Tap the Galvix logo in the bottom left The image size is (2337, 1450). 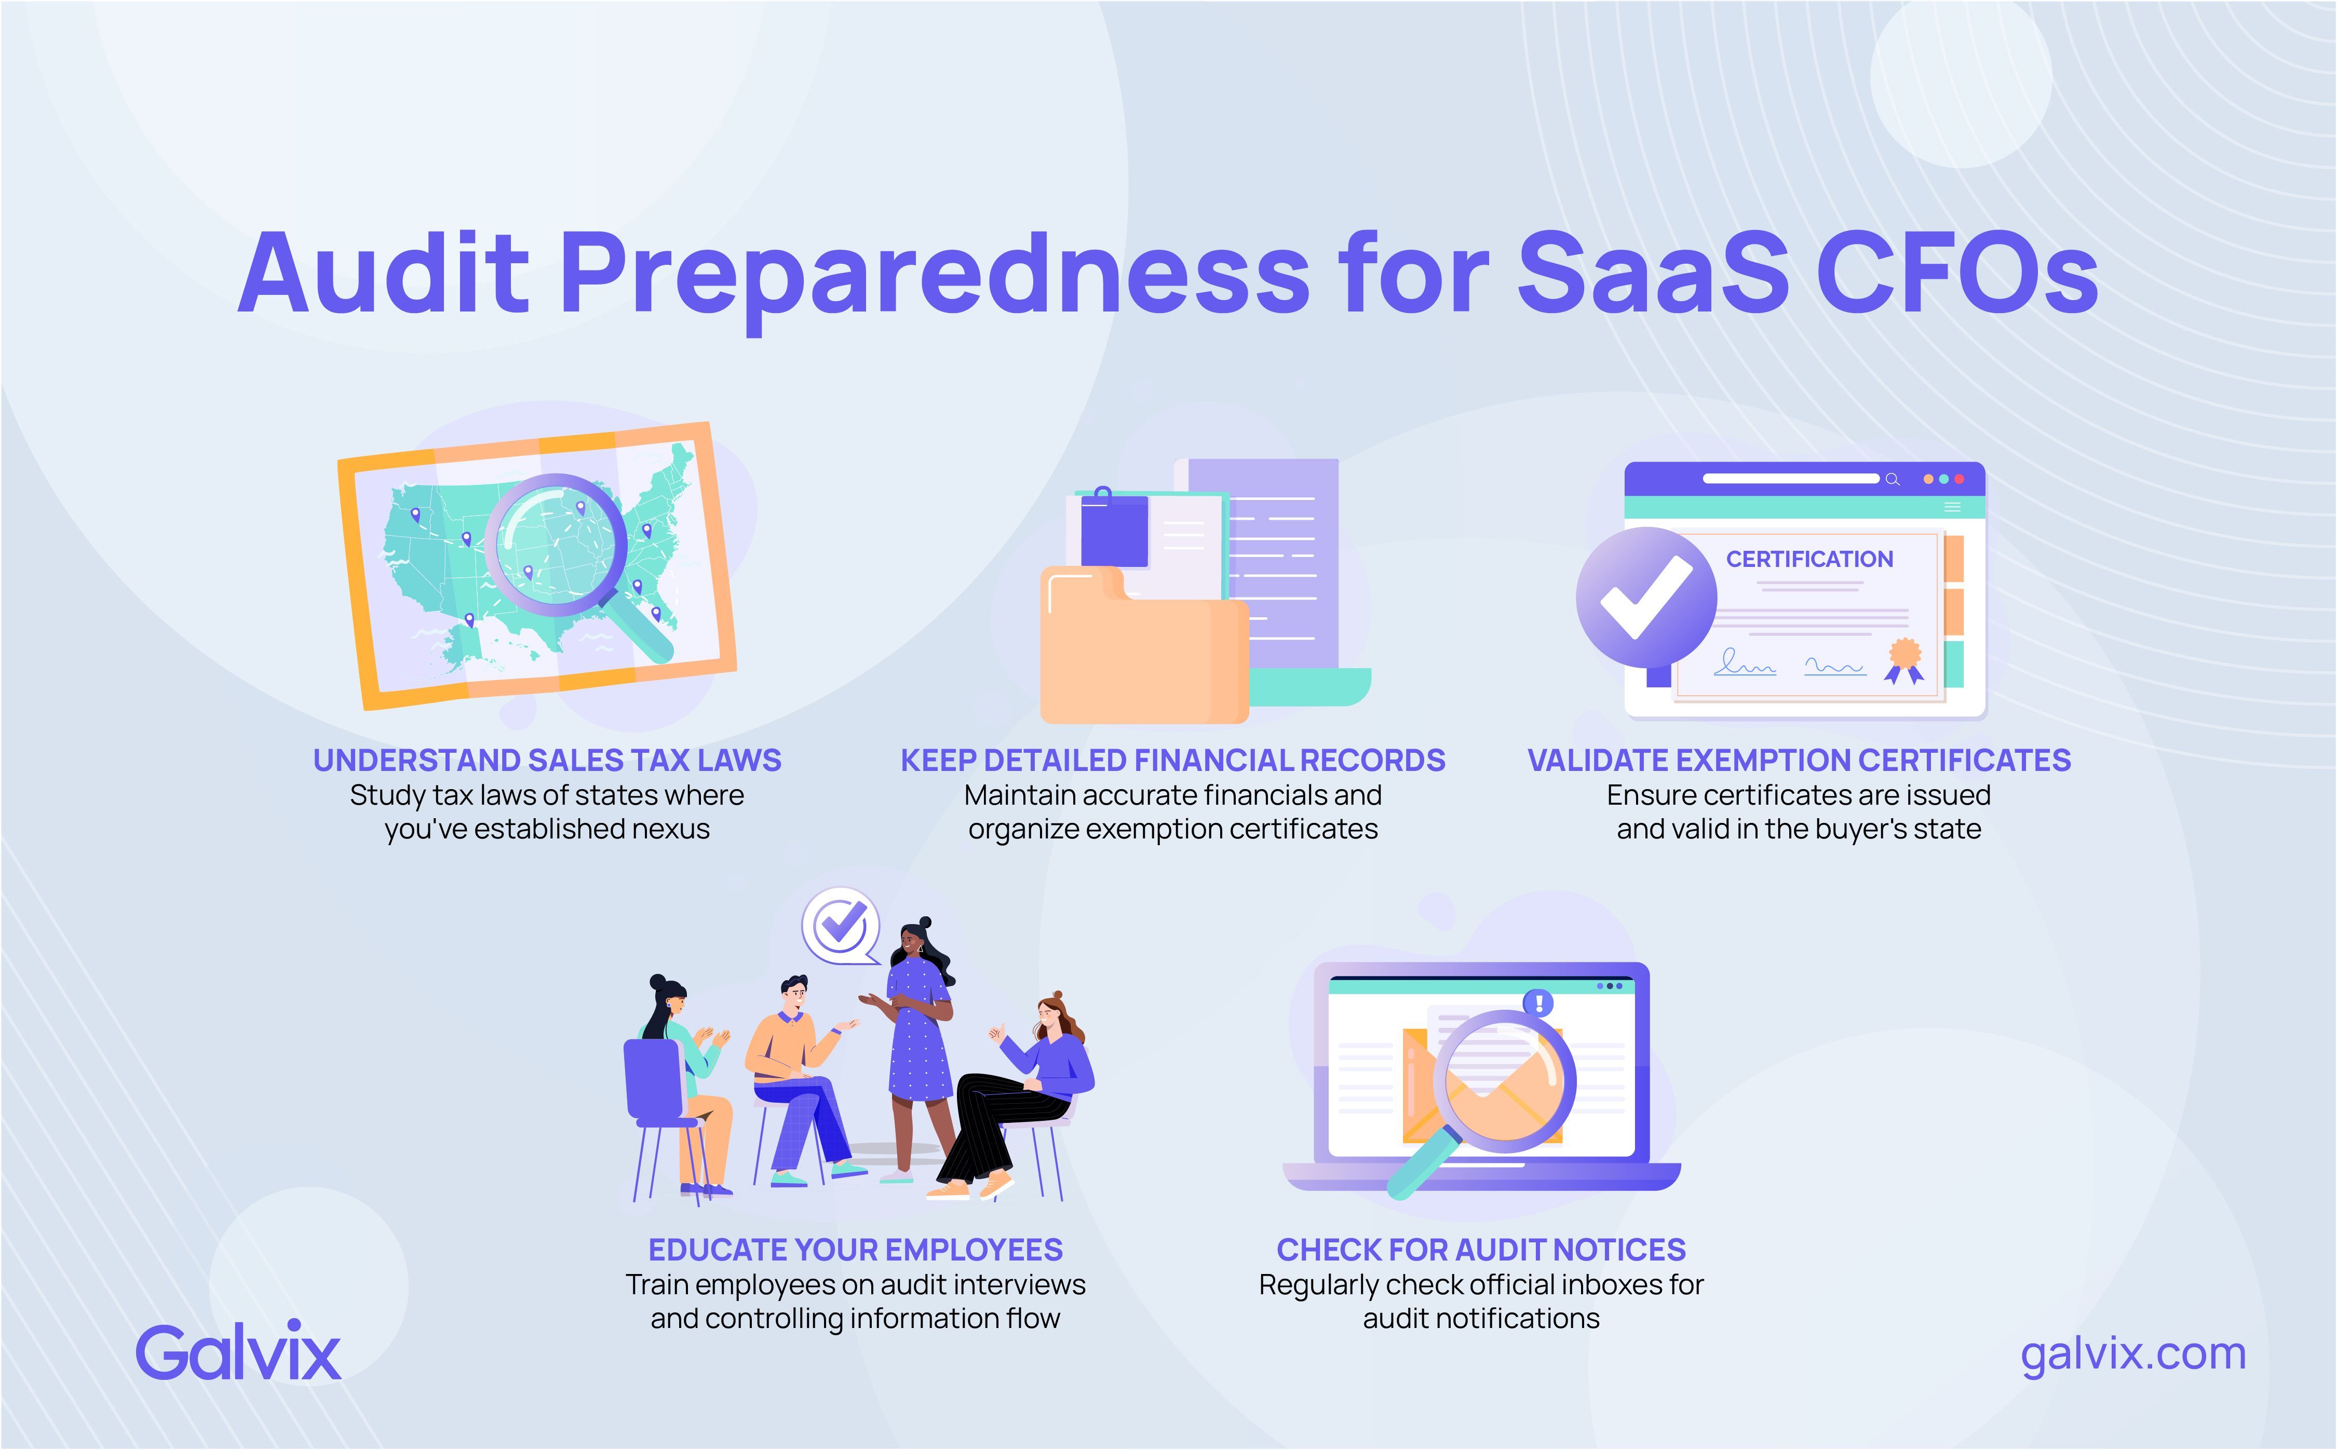pos(238,1352)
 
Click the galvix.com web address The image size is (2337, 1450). pos(2133,1353)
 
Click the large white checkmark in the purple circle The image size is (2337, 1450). pos(1645,597)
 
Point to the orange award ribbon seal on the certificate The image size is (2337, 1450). pos(1904,656)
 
